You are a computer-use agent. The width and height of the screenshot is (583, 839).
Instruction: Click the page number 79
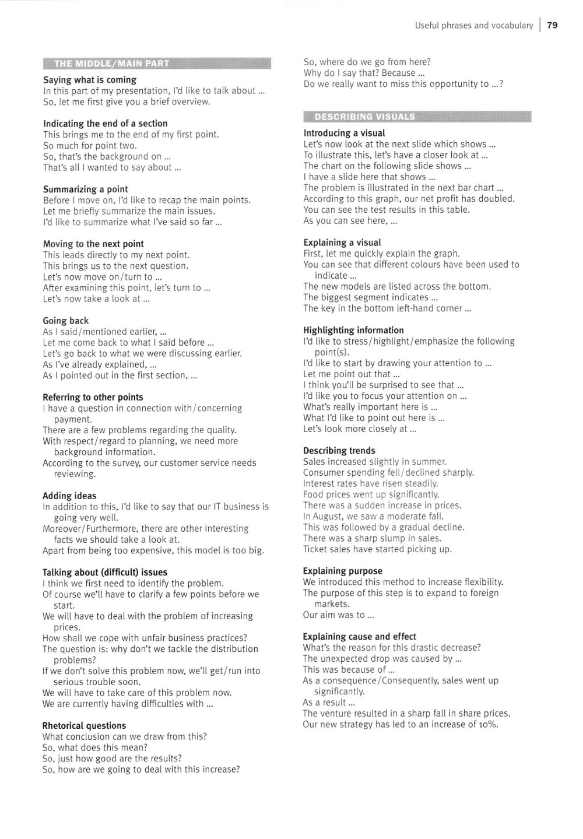[x=553, y=25]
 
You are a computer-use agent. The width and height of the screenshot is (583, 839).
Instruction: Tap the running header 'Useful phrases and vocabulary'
[x=473, y=26]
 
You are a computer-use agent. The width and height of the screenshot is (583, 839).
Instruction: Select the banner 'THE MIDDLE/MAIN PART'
[x=111, y=64]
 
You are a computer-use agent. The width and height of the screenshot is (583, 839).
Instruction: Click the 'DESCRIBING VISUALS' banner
[x=365, y=117]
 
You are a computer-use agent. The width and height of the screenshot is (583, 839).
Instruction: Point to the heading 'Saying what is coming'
[x=90, y=80]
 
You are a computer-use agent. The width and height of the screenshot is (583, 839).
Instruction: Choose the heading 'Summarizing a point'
[x=85, y=189]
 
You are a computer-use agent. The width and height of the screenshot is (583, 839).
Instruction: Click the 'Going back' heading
[x=66, y=321]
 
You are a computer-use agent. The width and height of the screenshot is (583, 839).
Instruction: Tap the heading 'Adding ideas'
[x=69, y=496]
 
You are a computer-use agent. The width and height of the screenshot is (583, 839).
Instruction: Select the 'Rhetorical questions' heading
[x=84, y=726]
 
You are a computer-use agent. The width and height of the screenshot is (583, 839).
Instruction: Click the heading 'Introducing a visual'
[x=344, y=134]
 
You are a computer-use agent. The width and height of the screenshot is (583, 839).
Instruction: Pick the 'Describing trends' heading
[x=339, y=451]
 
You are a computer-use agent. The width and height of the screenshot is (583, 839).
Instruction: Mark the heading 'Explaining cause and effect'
[x=360, y=637]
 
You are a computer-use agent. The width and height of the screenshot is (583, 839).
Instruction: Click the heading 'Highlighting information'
[x=353, y=330]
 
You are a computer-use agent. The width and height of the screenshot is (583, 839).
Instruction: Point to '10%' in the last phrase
[x=489, y=725]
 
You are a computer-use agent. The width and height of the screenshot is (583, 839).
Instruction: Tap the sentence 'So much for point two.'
[x=90, y=146]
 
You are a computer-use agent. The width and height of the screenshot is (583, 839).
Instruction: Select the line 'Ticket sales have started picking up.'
[x=377, y=549]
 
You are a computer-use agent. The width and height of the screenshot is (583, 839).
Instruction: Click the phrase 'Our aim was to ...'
[x=338, y=615]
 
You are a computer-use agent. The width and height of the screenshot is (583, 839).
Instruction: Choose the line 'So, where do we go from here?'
[x=367, y=62]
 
